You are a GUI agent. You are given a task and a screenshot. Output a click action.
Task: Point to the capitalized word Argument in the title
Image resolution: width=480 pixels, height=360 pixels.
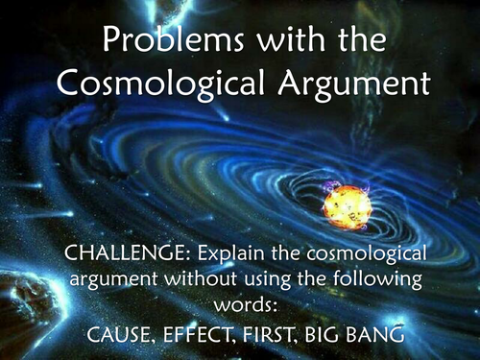coord(344,84)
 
